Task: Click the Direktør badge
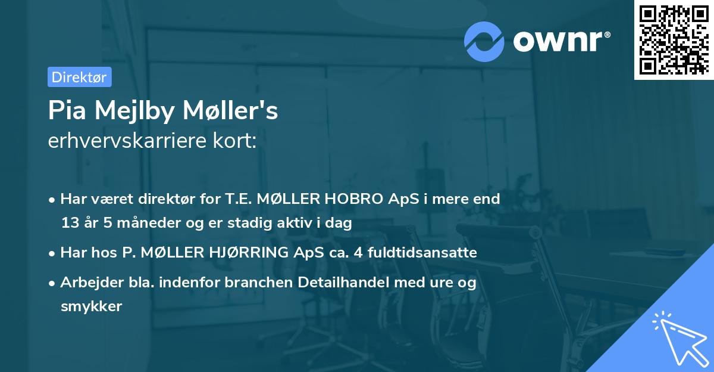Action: [79, 76]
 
